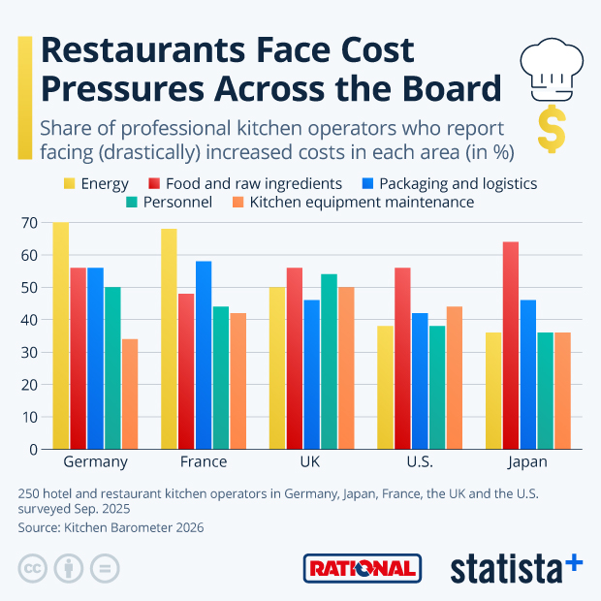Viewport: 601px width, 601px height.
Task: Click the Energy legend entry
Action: coord(96,183)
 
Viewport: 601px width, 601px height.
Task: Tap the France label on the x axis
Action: coord(203,462)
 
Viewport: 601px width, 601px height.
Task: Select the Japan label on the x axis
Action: coord(527,462)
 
